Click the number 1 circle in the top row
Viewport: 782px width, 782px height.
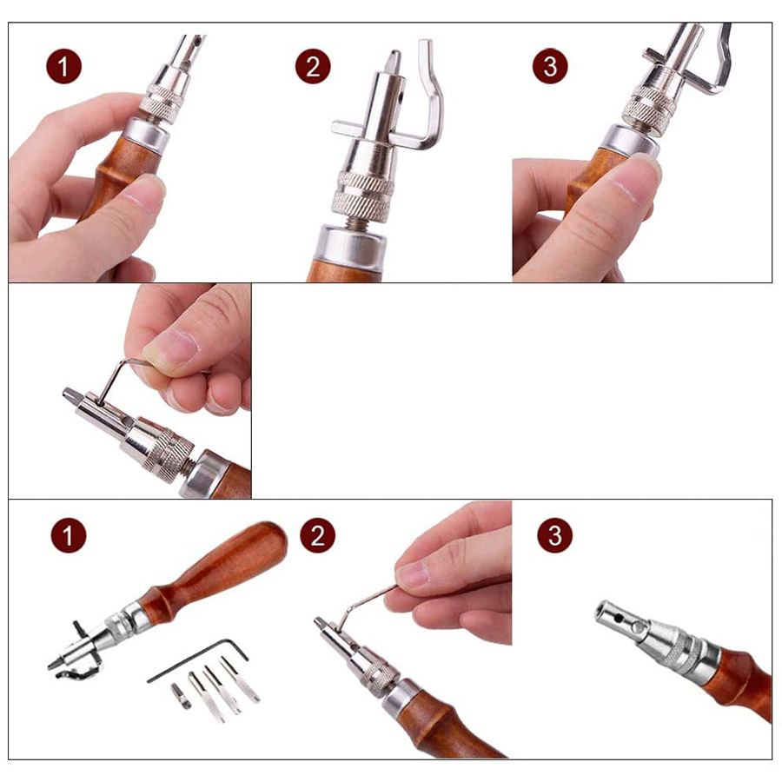(63, 66)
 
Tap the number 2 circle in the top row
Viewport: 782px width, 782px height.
(313, 66)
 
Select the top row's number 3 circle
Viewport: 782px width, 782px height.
(550, 66)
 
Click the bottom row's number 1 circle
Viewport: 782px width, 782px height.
(69, 535)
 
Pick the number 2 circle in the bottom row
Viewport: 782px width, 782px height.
(318, 535)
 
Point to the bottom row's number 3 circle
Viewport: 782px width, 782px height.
(555, 535)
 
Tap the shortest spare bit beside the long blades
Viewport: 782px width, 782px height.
(181, 696)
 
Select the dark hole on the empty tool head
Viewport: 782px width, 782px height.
(619, 619)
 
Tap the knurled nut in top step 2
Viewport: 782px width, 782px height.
(362, 196)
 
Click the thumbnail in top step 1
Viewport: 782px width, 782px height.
(144, 192)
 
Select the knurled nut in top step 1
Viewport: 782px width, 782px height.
(162, 103)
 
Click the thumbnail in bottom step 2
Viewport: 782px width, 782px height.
(413, 573)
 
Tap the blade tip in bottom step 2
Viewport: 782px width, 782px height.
(319, 622)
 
